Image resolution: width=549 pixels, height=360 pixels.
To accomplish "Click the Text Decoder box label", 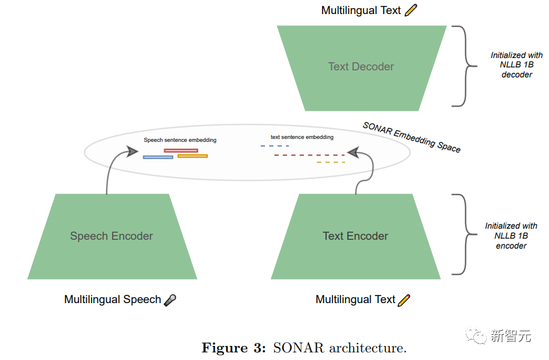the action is (361, 66).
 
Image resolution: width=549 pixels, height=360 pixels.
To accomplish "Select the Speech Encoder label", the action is (111, 236).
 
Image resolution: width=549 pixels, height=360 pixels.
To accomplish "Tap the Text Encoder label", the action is (355, 236).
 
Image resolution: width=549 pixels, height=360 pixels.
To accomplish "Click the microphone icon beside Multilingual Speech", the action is (170, 300).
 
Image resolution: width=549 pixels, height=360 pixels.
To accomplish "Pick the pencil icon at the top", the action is (411, 10).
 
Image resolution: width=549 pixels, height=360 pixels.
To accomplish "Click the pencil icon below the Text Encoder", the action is (404, 300).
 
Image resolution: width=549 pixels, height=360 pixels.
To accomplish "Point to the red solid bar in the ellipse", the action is (181, 151).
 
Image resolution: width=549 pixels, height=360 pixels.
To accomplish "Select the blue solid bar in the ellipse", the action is (158, 157).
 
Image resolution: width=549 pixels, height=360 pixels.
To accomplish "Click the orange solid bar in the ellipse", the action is (192, 156).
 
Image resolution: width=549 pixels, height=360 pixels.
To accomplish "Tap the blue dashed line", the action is (274, 145).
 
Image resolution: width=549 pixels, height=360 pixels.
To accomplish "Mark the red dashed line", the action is (310, 155).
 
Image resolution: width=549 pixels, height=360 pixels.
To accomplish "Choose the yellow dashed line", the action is (331, 162).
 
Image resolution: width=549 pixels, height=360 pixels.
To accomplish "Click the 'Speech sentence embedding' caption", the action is (180, 140).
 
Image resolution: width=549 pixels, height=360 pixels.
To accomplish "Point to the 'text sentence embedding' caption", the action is (302, 137).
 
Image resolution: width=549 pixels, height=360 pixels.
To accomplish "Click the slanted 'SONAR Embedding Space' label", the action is (411, 137).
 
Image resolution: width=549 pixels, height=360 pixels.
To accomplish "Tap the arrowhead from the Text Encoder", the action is (353, 152).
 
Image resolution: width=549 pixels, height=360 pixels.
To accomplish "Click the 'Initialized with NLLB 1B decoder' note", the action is (516, 64).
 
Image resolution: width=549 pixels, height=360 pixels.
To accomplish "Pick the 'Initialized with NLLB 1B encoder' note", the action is (511, 236).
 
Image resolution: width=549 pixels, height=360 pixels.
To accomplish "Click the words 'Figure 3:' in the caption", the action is (234, 348).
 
